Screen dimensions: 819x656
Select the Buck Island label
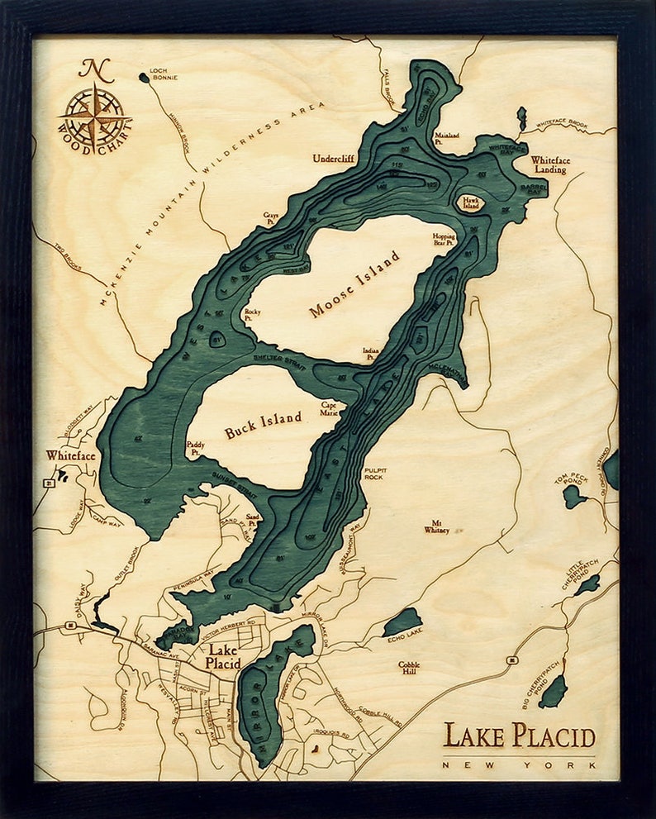pyautogui.click(x=263, y=425)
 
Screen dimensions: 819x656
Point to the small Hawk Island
pyautogui.click(x=471, y=202)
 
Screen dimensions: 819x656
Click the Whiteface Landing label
pyautogui.click(x=549, y=164)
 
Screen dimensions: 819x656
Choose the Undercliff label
pyautogui.click(x=333, y=157)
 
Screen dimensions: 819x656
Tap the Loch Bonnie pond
pyautogui.click(x=145, y=78)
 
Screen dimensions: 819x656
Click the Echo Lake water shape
pyautogui.click(x=402, y=622)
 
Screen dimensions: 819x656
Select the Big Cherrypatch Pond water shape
pyautogui.click(x=554, y=691)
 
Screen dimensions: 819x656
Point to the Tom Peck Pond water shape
pyautogui.click(x=573, y=497)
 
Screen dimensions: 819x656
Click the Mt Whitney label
pyautogui.click(x=436, y=526)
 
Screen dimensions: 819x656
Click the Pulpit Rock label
pyautogui.click(x=374, y=474)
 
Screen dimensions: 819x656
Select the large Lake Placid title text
pyautogui.click(x=518, y=735)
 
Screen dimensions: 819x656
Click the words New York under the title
pyautogui.click(x=518, y=764)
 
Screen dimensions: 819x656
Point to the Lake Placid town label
pyautogui.click(x=222, y=657)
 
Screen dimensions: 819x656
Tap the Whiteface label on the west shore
pyautogui.click(x=70, y=455)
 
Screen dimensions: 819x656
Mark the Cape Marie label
pyautogui.click(x=330, y=409)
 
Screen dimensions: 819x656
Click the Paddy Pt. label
pyautogui.click(x=196, y=448)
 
